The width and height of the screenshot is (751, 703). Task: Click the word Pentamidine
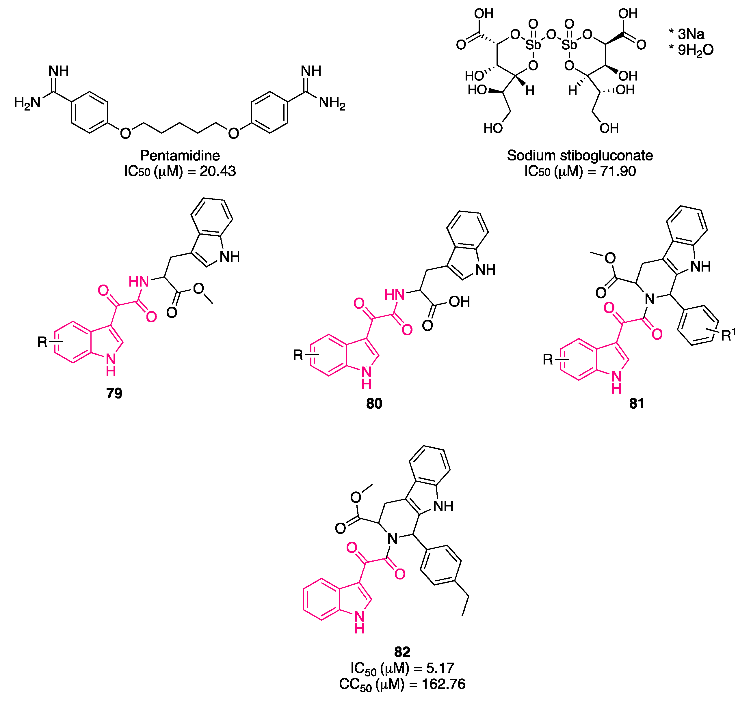pyautogui.click(x=180, y=156)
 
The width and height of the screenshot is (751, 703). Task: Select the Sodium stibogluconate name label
pyautogui.click(x=580, y=156)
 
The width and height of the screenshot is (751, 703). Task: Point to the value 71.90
pyautogui.click(x=618, y=171)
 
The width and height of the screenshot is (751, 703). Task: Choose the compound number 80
pyautogui.click(x=374, y=404)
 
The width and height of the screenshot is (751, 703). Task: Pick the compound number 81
pyautogui.click(x=637, y=404)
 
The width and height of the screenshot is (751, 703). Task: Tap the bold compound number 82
pyautogui.click(x=402, y=652)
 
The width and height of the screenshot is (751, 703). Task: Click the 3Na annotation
pyautogui.click(x=691, y=34)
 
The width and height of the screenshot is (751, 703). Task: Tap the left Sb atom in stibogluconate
pyautogui.click(x=533, y=45)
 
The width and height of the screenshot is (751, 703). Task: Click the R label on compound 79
pyautogui.click(x=42, y=342)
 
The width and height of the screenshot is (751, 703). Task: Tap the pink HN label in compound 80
pyautogui.click(x=394, y=294)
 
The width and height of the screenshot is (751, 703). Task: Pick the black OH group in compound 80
pyautogui.click(x=459, y=302)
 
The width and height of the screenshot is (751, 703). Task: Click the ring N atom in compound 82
pyautogui.click(x=393, y=539)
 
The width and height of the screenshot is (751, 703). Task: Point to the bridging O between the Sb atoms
pyautogui.click(x=551, y=35)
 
